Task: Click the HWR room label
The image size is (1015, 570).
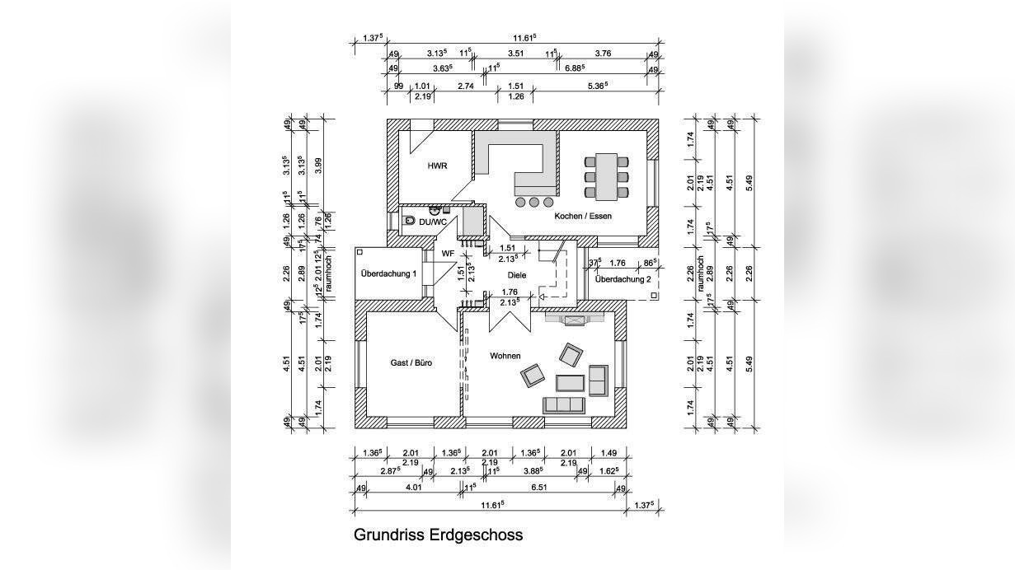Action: (x=437, y=166)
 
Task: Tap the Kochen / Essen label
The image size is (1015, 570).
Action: (x=583, y=216)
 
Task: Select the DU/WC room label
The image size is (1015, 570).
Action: (x=433, y=222)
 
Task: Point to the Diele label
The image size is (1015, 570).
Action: (x=517, y=275)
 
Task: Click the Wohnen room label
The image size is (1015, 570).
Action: (x=505, y=356)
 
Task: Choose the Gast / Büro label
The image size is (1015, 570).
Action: (x=411, y=362)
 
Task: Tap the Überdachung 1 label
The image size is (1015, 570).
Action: (x=389, y=273)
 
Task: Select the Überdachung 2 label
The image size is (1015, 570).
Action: (x=623, y=279)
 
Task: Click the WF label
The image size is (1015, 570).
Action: (x=448, y=254)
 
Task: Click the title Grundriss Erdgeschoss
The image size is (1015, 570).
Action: (x=438, y=535)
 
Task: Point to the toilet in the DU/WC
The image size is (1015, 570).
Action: (x=410, y=221)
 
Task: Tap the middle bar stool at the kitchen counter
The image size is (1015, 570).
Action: (x=534, y=201)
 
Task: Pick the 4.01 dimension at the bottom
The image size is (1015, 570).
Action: (x=414, y=488)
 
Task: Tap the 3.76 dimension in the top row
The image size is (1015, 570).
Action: (x=603, y=54)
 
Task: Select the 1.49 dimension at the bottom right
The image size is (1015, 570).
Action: (x=609, y=453)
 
